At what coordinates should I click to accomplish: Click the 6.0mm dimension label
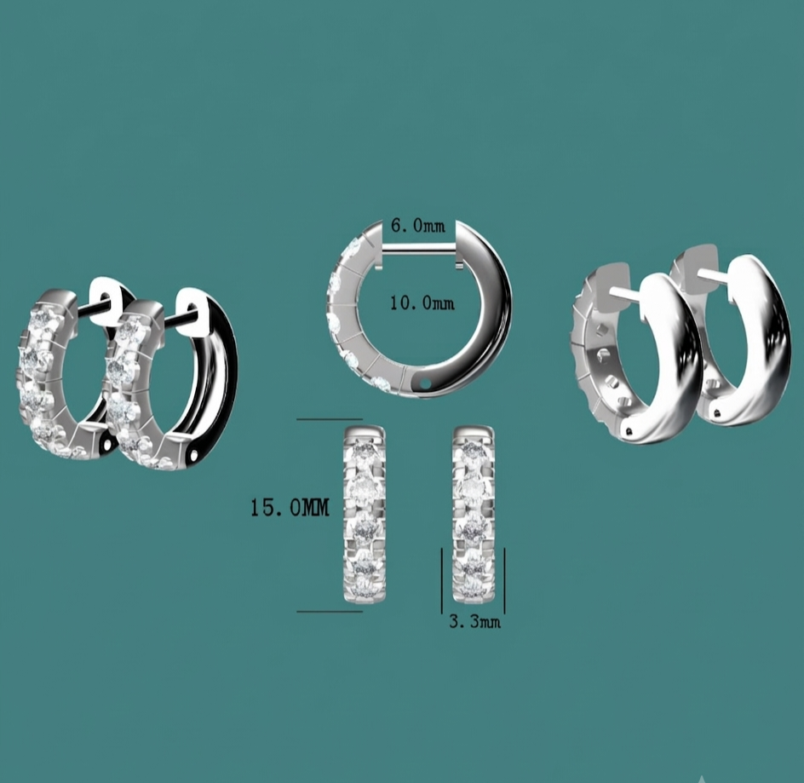pos(418,226)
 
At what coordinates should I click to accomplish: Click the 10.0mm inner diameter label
pos(422,303)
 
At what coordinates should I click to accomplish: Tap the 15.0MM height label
pos(290,508)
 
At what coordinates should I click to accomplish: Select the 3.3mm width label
pos(474,622)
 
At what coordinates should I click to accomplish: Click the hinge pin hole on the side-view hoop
pos(425,383)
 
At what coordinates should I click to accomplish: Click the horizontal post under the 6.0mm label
pos(419,248)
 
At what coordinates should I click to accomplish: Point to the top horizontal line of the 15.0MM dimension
pos(330,419)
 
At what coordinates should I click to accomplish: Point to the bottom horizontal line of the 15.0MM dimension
pos(330,612)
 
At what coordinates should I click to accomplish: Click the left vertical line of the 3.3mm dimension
pos(442,581)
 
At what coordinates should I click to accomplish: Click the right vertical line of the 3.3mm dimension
pos(504,581)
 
